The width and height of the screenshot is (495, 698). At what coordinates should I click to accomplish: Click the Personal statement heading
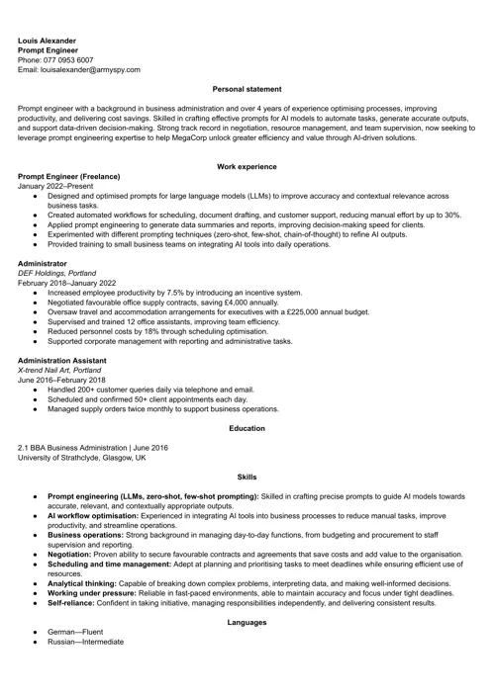coord(247,90)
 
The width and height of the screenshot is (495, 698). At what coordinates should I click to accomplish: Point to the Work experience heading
coord(247,167)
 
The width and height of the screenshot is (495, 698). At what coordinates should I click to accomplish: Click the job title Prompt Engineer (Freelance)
coord(69,177)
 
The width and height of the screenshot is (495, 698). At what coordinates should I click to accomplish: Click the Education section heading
coord(247,428)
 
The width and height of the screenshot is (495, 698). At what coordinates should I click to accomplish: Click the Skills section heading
coord(247,478)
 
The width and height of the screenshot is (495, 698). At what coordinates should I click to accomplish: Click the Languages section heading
coord(247,622)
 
